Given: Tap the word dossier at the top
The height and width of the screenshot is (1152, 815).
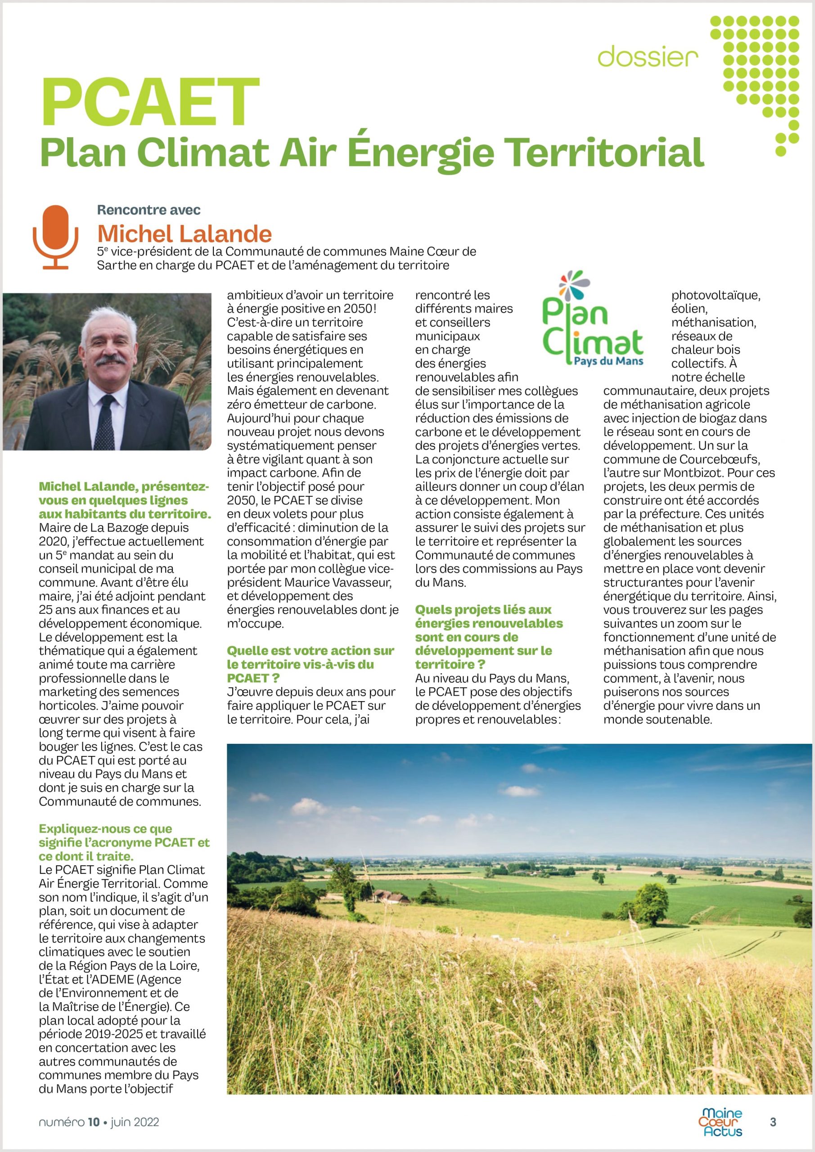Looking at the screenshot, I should coord(648,57).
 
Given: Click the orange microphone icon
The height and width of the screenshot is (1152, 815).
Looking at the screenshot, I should coord(55,236).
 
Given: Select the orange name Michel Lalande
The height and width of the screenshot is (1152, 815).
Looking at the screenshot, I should coord(184,233).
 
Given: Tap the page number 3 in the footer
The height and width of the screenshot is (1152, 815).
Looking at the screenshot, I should coord(773,1121).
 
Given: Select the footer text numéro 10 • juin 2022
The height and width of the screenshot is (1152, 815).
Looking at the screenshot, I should coord(99,1122).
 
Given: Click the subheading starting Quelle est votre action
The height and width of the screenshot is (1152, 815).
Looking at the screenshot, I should coord(310,664).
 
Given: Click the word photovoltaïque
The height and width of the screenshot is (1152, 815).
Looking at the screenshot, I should coord(716,295).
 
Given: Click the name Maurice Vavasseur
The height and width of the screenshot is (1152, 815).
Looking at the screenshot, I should coord(338,582).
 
